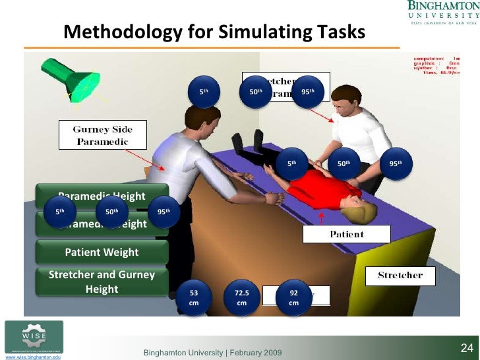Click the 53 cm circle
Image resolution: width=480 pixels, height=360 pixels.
click(x=194, y=297)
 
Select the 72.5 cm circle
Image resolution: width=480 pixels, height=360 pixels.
click(x=241, y=297)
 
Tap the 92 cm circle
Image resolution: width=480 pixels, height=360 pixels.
click(x=294, y=297)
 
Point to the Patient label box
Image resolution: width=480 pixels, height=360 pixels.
click(x=347, y=234)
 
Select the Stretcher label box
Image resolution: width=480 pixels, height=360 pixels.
click(x=400, y=275)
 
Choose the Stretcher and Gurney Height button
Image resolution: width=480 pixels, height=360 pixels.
click(x=102, y=282)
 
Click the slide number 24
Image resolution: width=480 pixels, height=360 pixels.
click(x=467, y=347)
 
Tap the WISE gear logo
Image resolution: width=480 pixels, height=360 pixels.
click(x=34, y=337)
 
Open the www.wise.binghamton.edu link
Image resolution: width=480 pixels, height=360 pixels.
click(x=33, y=357)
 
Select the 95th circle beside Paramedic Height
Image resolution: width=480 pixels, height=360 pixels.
click(x=164, y=212)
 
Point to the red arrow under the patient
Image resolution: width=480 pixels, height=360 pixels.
click(x=321, y=219)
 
